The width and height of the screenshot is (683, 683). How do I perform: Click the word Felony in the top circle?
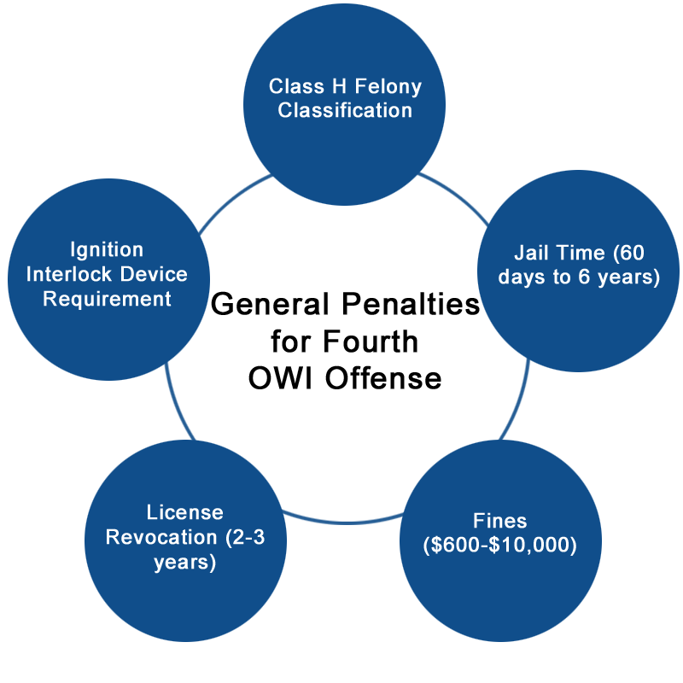click(388, 87)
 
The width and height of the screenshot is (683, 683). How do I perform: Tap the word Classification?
click(345, 110)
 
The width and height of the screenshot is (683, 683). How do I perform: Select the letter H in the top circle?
click(339, 86)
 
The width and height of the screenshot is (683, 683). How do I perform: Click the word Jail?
click(531, 253)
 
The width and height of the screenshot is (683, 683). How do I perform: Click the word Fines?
click(500, 521)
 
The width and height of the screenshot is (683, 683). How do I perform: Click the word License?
click(184, 512)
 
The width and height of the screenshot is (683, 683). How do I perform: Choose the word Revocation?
click(161, 537)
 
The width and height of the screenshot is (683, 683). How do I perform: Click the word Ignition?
click(107, 250)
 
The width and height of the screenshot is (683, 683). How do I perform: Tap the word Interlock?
click(69, 274)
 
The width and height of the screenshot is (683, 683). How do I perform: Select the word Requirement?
click(107, 300)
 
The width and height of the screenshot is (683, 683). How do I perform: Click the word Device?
click(154, 274)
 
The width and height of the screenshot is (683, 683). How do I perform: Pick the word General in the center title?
click(270, 304)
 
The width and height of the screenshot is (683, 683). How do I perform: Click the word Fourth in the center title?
click(371, 341)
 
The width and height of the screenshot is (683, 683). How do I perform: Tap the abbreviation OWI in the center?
click(280, 378)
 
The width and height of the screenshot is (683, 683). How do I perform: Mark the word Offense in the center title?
click(383, 378)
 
